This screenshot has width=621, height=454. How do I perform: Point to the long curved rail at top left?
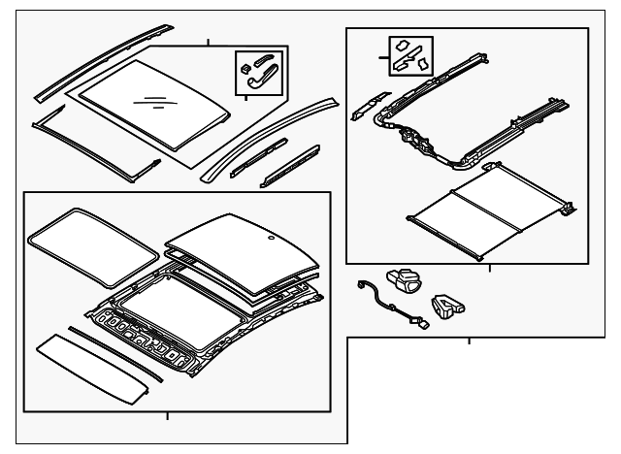point(93,64)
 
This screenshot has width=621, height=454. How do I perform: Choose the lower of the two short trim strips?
point(291,166)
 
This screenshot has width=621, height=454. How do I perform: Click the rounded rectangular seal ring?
point(92,242)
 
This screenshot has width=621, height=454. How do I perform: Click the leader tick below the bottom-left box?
point(167,416)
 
